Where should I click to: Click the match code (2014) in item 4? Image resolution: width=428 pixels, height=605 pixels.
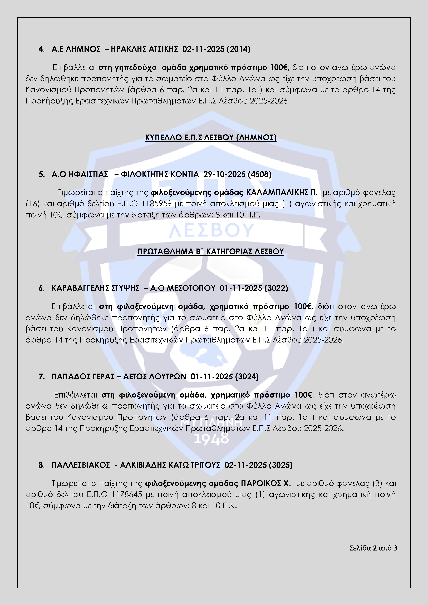click(239, 49)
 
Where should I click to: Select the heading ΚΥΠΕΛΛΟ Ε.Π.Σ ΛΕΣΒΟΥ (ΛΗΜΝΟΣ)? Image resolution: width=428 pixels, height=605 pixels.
click(211, 138)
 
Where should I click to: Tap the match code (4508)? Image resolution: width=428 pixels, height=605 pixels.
click(260, 174)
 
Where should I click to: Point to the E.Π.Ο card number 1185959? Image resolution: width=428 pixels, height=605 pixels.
click(156, 204)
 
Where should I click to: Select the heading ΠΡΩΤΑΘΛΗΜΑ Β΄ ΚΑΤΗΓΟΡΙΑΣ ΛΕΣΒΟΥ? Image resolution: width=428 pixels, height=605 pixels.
click(211, 251)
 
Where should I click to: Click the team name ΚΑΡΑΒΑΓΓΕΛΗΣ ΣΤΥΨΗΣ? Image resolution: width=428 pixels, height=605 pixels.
click(95, 288)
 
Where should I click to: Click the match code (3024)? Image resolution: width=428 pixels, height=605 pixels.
click(247, 376)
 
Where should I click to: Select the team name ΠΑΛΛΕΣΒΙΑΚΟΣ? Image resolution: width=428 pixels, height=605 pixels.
click(81, 465)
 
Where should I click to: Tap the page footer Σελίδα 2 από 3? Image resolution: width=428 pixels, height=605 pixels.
click(373, 548)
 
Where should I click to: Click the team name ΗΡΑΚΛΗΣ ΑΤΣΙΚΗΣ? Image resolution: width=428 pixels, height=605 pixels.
click(144, 49)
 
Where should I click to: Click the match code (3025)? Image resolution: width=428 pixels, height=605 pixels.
click(280, 465)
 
